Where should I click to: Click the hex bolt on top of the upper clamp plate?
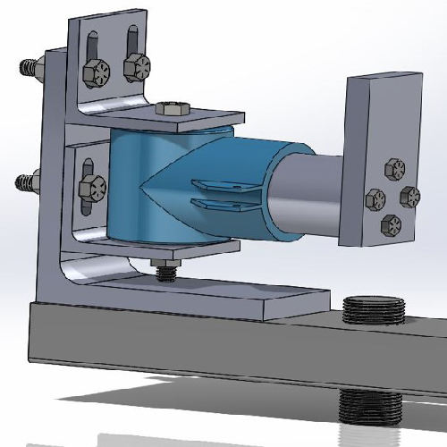(171, 110)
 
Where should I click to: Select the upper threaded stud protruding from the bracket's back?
(30, 67)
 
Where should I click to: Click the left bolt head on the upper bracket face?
(96, 72)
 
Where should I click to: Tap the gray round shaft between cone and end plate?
(308, 201)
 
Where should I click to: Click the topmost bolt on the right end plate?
(393, 169)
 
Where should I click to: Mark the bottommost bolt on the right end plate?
(391, 223)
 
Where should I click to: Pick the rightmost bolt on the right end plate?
(409, 196)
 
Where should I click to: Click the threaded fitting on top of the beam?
(374, 310)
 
